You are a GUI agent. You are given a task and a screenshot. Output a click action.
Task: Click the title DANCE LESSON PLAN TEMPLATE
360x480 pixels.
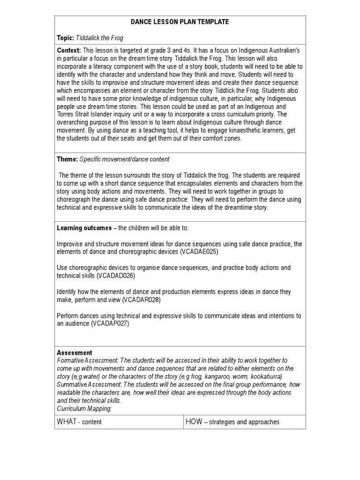(180, 22)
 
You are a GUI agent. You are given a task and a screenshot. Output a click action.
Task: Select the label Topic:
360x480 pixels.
(66, 38)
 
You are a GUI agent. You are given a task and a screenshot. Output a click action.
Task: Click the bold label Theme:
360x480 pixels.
(67, 159)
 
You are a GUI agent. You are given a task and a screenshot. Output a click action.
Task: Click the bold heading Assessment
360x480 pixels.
(75, 352)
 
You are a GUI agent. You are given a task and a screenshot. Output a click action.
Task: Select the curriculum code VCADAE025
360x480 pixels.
(199, 251)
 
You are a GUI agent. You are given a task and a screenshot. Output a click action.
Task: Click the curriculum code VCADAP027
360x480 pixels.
(110, 323)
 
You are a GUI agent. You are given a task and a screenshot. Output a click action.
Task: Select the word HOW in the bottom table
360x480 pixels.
(194, 421)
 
